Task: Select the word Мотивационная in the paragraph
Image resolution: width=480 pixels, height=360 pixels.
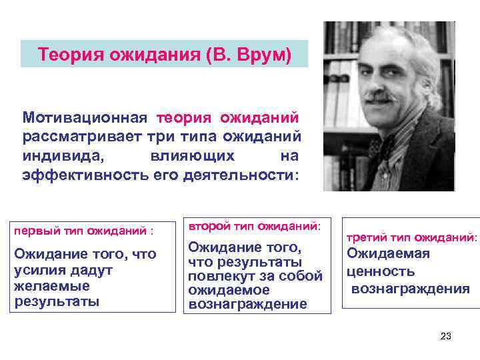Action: tap(84, 117)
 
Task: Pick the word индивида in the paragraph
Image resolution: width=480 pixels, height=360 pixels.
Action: tap(62, 155)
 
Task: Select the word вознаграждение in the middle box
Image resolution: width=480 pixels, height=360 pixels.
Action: tap(247, 304)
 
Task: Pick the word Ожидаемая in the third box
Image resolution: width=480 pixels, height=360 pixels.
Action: tap(388, 253)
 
